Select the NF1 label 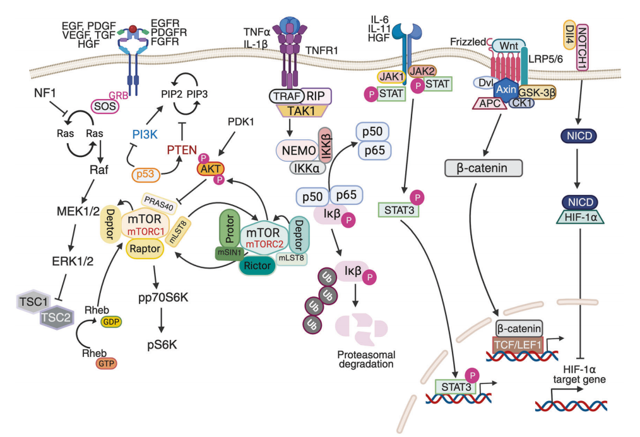[x=45, y=93]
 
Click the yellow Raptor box [x=145, y=249]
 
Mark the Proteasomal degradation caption [x=364, y=358]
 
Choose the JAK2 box [x=423, y=71]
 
